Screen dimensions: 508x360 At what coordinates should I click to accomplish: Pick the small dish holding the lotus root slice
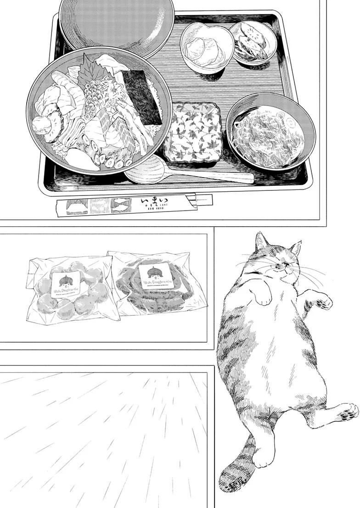(x=251, y=41)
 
